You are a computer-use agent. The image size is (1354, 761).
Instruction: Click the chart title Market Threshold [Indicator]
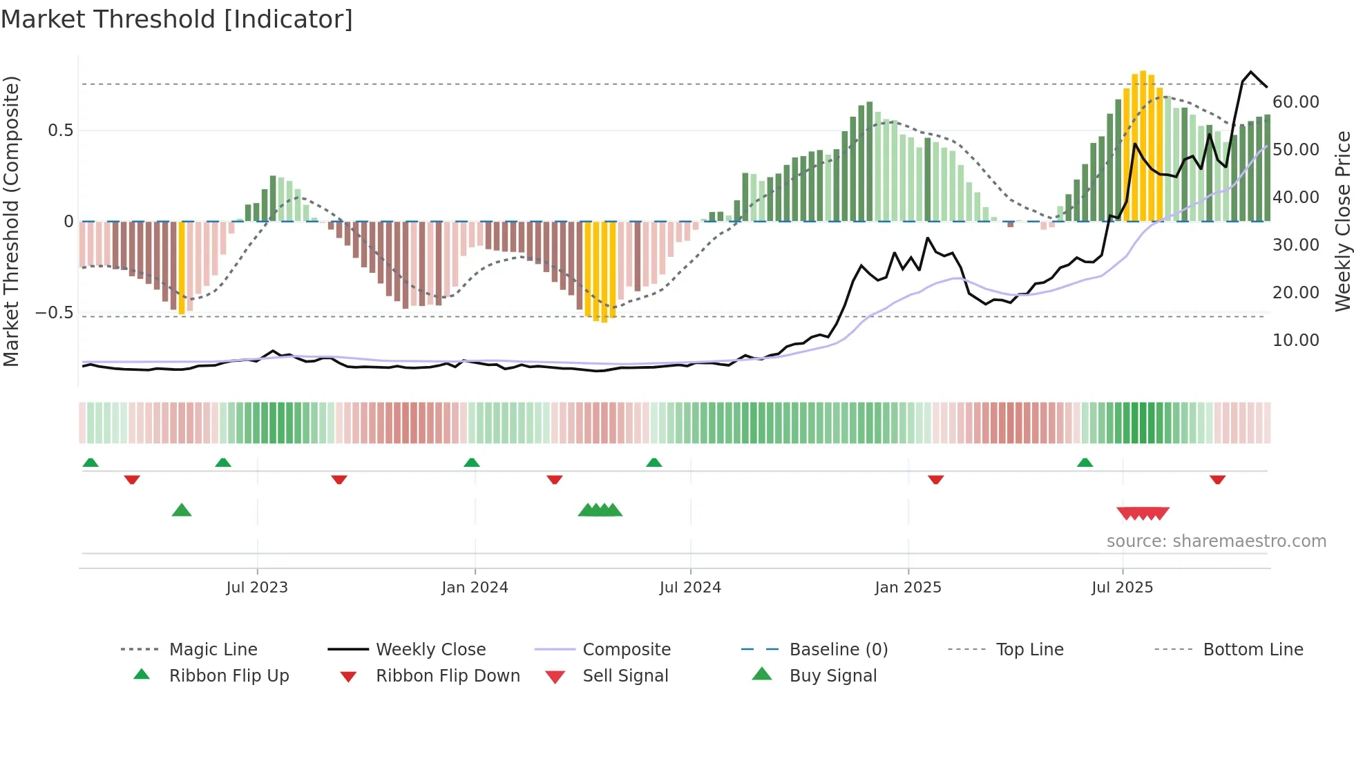tap(177, 19)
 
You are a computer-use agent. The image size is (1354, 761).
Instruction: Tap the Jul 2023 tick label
tap(257, 588)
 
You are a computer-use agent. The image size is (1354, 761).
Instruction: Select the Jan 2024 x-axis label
tap(475, 588)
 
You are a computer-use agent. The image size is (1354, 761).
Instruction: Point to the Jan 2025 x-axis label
tap(908, 588)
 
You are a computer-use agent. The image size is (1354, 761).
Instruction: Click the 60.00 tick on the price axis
tap(1295, 102)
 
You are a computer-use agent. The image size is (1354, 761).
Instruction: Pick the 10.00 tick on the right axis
tap(1295, 340)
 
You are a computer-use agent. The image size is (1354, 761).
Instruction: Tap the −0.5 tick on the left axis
tap(55, 313)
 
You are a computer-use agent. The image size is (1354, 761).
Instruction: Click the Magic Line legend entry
tap(213, 650)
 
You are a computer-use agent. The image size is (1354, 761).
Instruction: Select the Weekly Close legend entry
tap(430, 650)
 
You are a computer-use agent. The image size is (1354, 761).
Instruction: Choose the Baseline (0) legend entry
tap(838, 650)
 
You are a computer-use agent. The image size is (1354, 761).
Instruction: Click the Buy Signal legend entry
tap(832, 676)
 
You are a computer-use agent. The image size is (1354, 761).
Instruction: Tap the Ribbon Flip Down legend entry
tap(447, 676)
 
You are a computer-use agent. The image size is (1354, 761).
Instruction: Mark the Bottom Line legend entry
tap(1252, 650)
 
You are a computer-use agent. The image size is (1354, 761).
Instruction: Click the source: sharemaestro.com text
tap(1216, 541)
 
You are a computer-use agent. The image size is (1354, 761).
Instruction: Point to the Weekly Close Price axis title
tap(1342, 221)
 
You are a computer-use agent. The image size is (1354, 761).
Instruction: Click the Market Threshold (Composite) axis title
tap(11, 221)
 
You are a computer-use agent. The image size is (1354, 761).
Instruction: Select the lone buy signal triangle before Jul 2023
tap(182, 510)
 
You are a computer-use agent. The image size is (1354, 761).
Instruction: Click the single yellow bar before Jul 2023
tap(182, 268)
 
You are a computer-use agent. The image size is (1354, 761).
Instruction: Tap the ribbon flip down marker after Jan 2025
tap(936, 479)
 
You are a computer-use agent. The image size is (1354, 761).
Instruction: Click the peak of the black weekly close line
tap(1251, 72)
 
